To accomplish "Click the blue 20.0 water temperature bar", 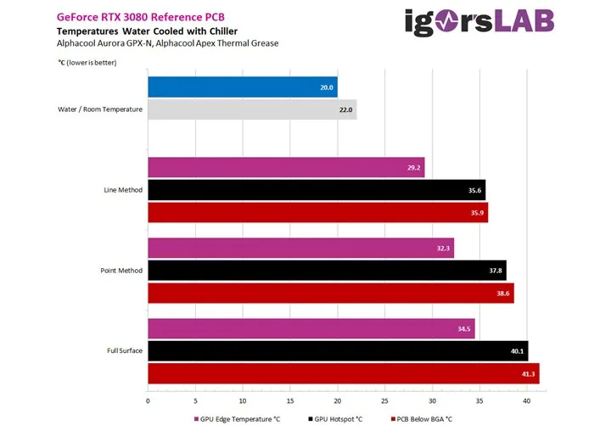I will tap(242, 87).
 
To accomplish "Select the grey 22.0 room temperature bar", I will tap(252, 109).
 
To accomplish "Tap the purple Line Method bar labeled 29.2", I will tap(286, 167).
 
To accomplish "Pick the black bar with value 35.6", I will tap(317, 190).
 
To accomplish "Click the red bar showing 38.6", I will tap(331, 293).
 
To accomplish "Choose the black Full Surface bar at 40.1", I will tap(338, 351).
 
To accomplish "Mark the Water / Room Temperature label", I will tap(99, 109).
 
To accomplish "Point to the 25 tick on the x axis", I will tap(384, 400).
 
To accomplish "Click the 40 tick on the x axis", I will tap(527, 400).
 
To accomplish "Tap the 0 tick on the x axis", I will tap(149, 400).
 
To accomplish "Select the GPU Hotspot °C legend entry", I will tap(336, 417).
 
